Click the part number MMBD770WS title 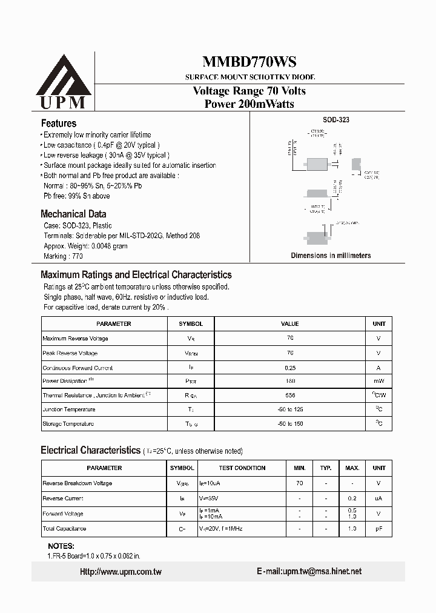coord(249,62)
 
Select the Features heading coord(58,123)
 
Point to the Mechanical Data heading coord(73,214)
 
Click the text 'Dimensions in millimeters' coord(331,256)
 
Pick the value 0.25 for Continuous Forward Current coord(290,368)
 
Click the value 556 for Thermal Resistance coord(290,395)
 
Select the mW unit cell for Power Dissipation coord(379,381)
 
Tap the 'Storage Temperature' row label coord(68,424)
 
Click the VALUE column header coord(290,324)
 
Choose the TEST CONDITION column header coord(242,468)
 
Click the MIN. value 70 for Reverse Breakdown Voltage coord(299,483)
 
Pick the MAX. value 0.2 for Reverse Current coord(352,499)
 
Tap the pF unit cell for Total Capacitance coord(379,529)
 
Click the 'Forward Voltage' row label coord(63,514)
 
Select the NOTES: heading coord(61,546)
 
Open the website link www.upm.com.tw coord(121,572)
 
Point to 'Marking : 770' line coord(64,257)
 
